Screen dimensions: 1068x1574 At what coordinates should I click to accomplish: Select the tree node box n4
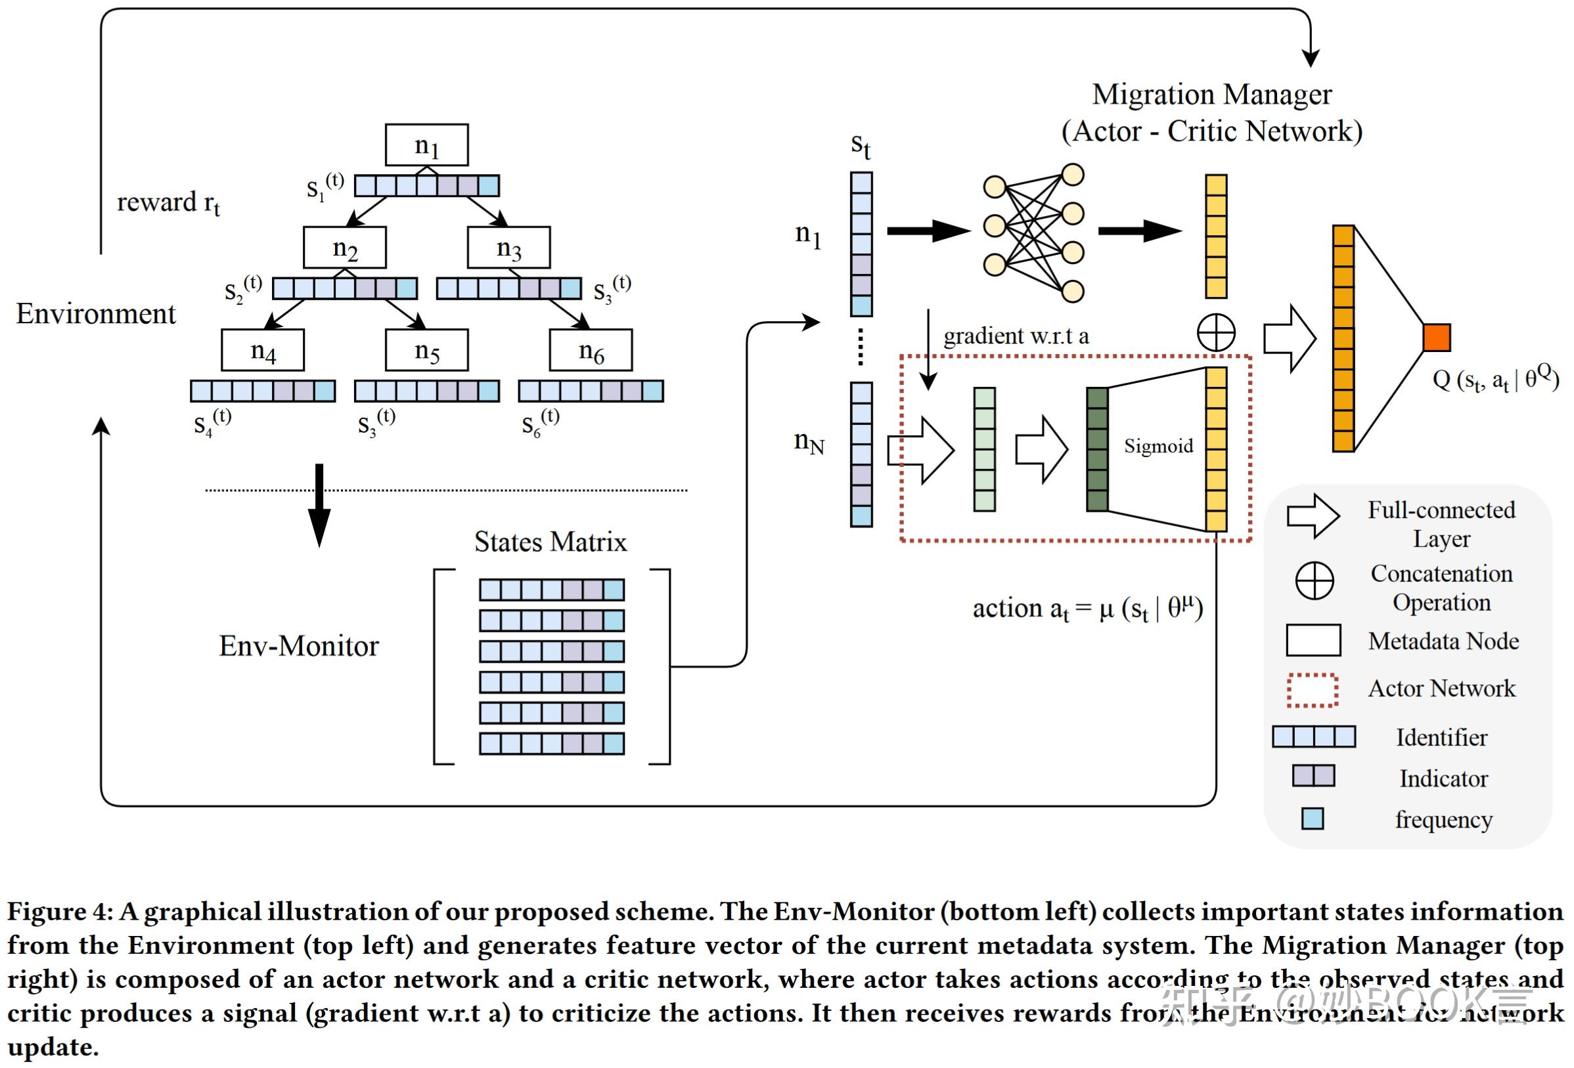click(262, 350)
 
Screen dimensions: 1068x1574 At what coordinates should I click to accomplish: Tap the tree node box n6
click(591, 350)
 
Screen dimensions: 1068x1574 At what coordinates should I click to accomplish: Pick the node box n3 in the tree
click(508, 247)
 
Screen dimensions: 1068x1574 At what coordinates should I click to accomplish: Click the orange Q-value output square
click(1436, 337)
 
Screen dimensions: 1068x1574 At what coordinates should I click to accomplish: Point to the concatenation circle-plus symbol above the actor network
click(1216, 332)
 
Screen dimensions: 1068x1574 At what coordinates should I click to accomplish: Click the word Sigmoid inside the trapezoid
click(1158, 445)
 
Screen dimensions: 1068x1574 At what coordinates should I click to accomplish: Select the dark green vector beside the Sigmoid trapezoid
click(1096, 449)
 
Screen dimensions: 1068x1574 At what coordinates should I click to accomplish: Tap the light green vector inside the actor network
click(984, 449)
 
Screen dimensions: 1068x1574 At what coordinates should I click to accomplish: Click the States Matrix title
click(550, 542)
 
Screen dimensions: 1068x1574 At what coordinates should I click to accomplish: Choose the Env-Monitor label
click(299, 646)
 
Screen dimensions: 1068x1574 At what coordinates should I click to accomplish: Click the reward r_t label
click(168, 202)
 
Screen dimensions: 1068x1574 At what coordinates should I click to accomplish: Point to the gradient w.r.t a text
click(1015, 336)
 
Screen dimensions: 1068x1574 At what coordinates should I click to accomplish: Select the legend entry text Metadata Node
click(1443, 640)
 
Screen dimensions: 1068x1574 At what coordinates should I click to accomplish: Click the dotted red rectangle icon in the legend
click(1312, 690)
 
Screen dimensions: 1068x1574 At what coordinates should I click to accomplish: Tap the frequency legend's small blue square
click(1312, 818)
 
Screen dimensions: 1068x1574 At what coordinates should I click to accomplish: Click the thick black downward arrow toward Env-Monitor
click(319, 504)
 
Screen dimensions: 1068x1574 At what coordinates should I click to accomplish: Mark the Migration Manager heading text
click(1211, 95)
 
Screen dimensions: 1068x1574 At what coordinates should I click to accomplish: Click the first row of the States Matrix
click(551, 590)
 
